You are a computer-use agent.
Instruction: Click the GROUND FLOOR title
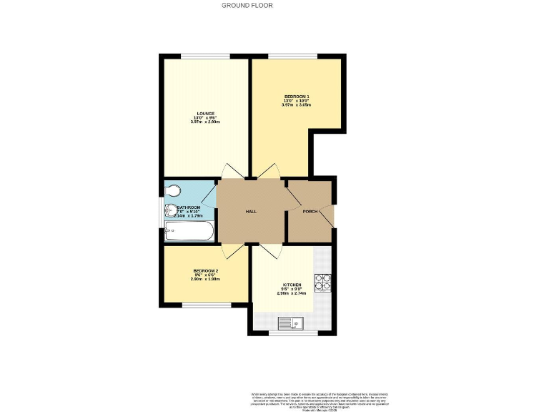pyautogui.click(x=247, y=5)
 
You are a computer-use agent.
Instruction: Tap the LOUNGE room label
pyautogui.click(x=204, y=113)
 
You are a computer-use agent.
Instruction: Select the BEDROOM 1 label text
pyautogui.click(x=296, y=96)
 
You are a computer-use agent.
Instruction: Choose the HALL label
pyautogui.click(x=251, y=212)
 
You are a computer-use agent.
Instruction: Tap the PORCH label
pyautogui.click(x=310, y=212)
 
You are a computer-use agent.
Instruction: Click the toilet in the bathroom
pyautogui.click(x=173, y=191)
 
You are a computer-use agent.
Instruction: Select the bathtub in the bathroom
pyautogui.click(x=187, y=231)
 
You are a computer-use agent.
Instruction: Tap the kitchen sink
pyautogui.click(x=291, y=324)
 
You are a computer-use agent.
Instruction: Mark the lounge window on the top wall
pyautogui.click(x=204, y=57)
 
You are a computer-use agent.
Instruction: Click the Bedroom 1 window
pyautogui.click(x=288, y=57)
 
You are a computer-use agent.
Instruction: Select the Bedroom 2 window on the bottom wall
pyautogui.click(x=202, y=303)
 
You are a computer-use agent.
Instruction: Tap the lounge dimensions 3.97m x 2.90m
pyautogui.click(x=204, y=122)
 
